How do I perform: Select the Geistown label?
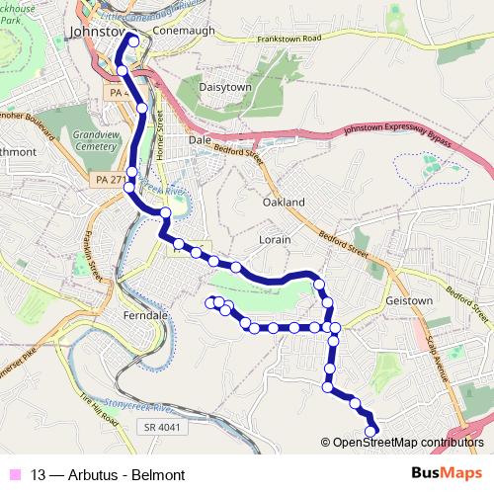pyautogui.click(x=410, y=299)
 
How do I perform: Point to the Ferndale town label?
pyautogui.click(x=148, y=314)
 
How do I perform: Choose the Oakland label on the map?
pyautogui.click(x=284, y=202)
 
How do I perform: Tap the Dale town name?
pyautogui.click(x=201, y=141)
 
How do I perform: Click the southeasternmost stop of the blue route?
pyautogui.click(x=372, y=431)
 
